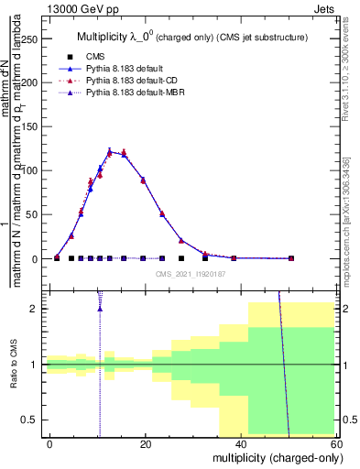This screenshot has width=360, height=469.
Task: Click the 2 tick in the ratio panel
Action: tap(38, 309)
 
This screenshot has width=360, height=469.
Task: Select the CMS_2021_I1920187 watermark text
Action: tap(191, 273)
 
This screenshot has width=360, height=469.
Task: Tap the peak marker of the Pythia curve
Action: tap(109, 152)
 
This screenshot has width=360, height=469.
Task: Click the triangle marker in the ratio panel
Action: tap(99, 308)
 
